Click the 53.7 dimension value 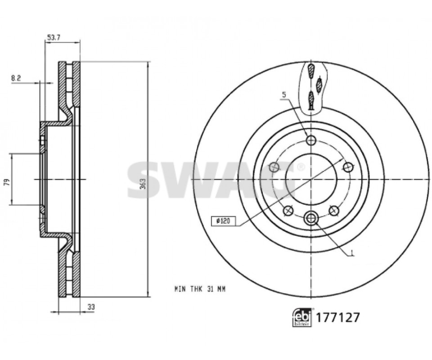[54, 37]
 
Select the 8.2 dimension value [16, 78]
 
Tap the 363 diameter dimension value [143, 183]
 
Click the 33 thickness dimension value [91, 307]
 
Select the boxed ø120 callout [224, 221]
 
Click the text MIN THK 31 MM [200, 289]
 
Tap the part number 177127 [337, 318]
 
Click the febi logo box [302, 317]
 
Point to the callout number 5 [284, 95]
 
